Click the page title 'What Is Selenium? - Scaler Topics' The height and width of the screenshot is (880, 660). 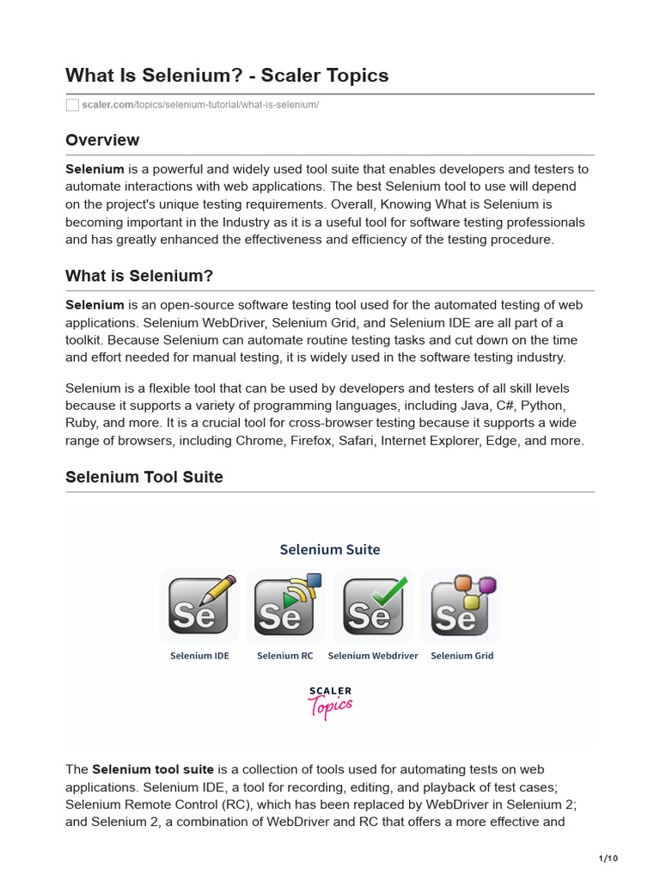227,76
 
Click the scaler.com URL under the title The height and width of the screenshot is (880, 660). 200,105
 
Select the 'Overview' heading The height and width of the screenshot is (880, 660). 102,140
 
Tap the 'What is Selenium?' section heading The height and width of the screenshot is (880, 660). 139,276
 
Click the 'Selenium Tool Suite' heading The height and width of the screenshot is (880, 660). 144,477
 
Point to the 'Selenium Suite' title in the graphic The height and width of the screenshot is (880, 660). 330,549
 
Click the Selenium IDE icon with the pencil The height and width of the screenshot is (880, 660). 199,606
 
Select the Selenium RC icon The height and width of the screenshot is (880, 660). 285,606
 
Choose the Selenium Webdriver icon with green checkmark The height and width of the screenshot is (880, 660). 373,606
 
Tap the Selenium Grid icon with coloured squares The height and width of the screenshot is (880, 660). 461,606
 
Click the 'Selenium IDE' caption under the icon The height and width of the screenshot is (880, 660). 199,656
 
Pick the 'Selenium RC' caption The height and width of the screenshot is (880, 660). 285,656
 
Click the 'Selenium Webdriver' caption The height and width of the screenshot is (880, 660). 373,656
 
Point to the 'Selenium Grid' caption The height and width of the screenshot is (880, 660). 462,656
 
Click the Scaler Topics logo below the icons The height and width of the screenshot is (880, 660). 330,702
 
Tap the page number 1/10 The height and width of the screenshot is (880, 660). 608,859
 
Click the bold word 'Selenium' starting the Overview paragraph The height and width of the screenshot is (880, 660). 95,169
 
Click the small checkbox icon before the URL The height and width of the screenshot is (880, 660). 72,105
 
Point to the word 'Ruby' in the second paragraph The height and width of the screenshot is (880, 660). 81,423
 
